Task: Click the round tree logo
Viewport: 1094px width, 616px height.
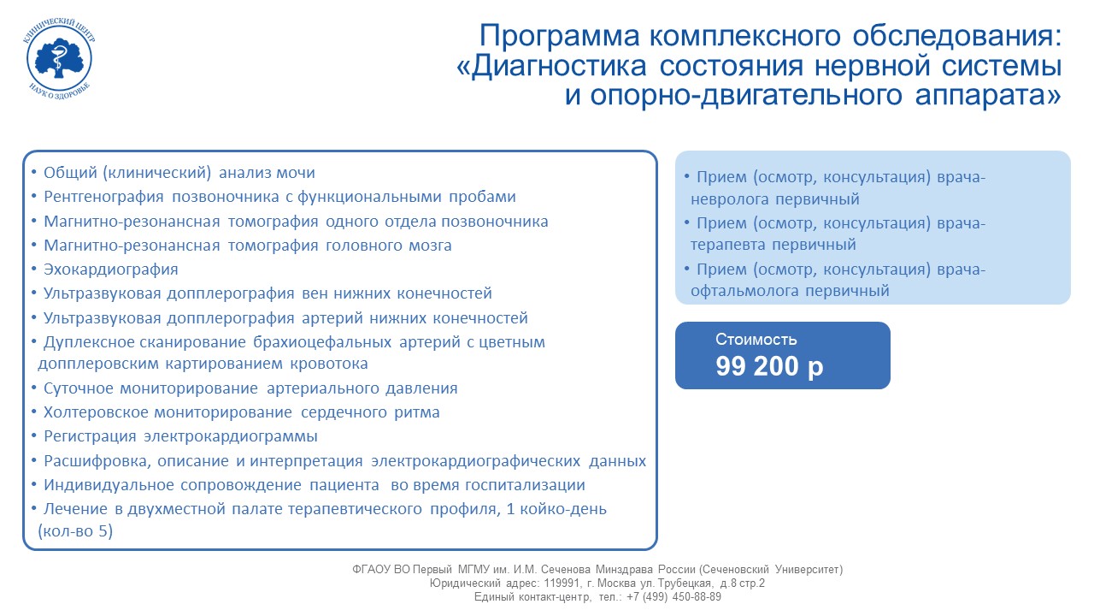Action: tap(59, 59)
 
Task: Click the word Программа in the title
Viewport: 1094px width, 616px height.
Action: tap(559, 36)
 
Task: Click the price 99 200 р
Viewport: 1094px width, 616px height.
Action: tap(769, 366)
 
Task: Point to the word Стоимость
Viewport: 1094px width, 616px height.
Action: tap(756, 340)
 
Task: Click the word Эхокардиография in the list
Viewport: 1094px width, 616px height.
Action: tap(111, 269)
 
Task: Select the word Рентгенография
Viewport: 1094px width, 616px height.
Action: tap(103, 197)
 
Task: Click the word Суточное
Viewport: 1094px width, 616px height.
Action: tap(78, 388)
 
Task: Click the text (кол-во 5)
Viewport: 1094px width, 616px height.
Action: tap(75, 531)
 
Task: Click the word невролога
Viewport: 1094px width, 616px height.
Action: tap(729, 199)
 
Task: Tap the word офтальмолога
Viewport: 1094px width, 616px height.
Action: tap(744, 291)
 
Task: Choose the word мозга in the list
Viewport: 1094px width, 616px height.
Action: tap(430, 246)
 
